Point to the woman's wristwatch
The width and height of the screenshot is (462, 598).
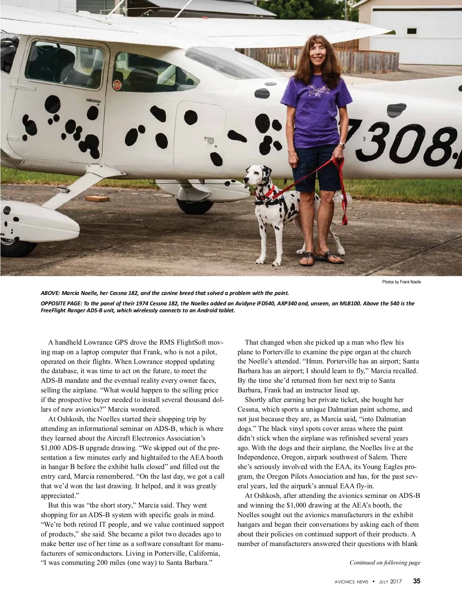341,145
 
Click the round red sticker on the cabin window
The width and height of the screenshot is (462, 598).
117,84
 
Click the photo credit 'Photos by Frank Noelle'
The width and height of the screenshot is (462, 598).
401,282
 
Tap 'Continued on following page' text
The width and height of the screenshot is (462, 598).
385,563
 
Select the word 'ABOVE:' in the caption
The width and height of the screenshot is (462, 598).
50,293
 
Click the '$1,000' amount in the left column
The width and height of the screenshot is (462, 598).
51,448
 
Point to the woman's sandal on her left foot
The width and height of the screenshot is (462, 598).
330,256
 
